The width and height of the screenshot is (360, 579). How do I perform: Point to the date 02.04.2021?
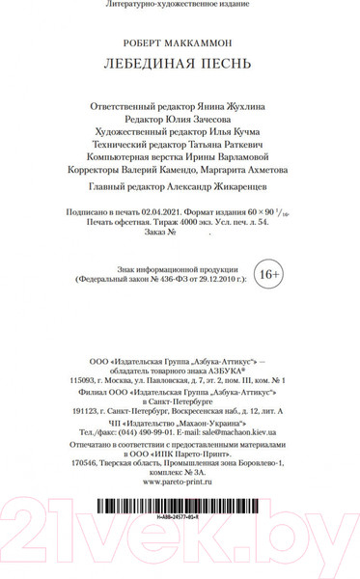point(157,209)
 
